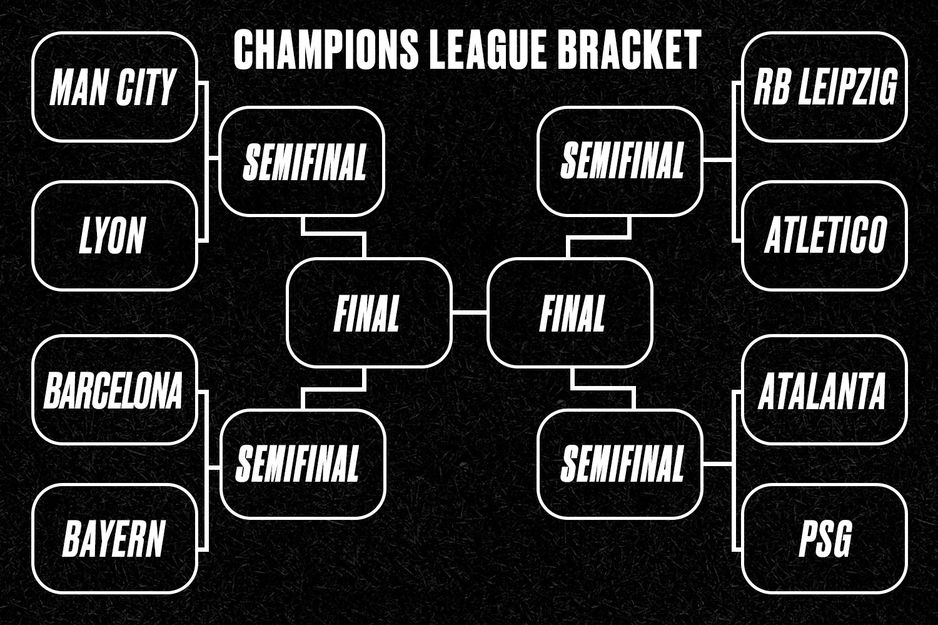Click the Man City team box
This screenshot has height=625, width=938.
(114, 87)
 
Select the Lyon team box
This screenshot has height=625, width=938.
(114, 235)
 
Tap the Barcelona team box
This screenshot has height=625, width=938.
(114, 390)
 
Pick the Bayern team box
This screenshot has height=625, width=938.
(114, 539)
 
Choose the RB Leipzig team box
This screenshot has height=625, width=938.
(824, 87)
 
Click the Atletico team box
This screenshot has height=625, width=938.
(824, 235)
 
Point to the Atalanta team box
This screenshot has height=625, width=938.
(824, 390)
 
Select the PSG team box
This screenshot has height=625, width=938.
(824, 539)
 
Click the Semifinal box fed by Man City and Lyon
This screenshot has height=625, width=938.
(302, 161)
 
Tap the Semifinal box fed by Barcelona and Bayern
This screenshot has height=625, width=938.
(302, 464)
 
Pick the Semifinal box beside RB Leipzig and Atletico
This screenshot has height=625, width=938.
(620, 161)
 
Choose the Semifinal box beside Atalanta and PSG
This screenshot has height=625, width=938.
(620, 464)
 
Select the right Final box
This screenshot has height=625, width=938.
(570, 313)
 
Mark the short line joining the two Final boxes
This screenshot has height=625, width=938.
(470, 313)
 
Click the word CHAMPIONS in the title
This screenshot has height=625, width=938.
(326, 50)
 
